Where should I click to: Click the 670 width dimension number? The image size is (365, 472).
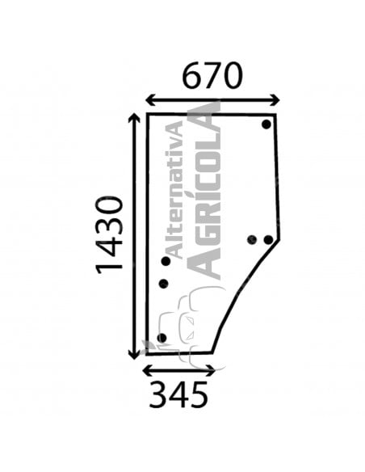click(x=212, y=76)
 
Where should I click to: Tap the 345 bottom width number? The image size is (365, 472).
click(x=178, y=395)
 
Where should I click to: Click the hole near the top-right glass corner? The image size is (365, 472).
click(x=266, y=124)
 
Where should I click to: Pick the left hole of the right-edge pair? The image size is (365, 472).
click(x=251, y=239)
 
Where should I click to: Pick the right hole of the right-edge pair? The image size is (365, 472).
click(x=268, y=239)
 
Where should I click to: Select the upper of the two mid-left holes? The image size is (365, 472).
click(x=166, y=261)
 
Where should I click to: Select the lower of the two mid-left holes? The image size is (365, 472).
click(x=163, y=284)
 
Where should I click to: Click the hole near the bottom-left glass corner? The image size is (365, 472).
click(x=162, y=338)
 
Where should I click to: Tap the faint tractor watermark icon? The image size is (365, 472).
click(x=183, y=323)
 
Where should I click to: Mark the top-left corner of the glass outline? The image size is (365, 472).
click(x=147, y=114)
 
